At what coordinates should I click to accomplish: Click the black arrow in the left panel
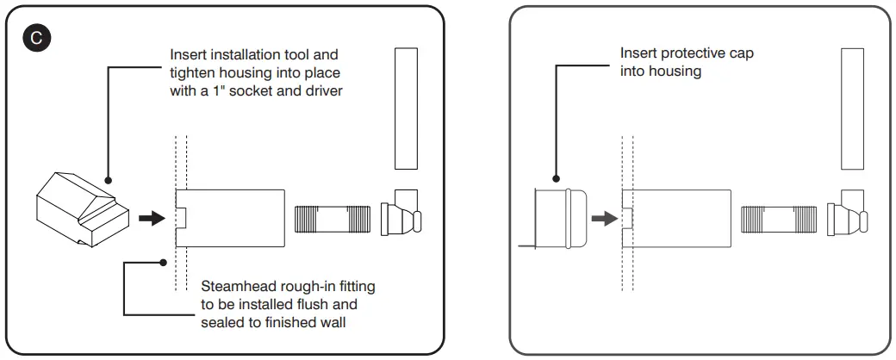click(151, 219)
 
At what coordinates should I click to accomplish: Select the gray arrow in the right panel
click(605, 219)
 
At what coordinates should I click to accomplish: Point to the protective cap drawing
click(560, 219)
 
